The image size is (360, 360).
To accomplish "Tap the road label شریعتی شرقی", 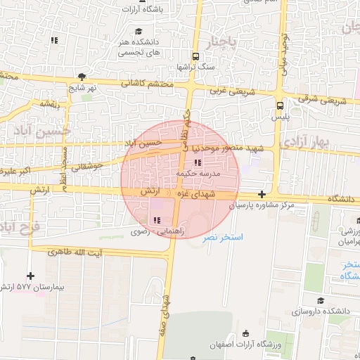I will click(x=324, y=101).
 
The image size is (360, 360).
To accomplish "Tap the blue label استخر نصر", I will click(x=246, y=238).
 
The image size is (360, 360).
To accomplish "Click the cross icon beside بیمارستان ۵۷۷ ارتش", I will click(x=30, y=276).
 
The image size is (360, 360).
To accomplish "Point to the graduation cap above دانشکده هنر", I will click(x=139, y=31).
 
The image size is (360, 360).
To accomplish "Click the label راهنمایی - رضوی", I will click(x=150, y=231).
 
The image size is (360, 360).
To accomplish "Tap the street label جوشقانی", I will click(x=87, y=167).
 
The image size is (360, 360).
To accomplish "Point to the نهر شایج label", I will click(x=82, y=88).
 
